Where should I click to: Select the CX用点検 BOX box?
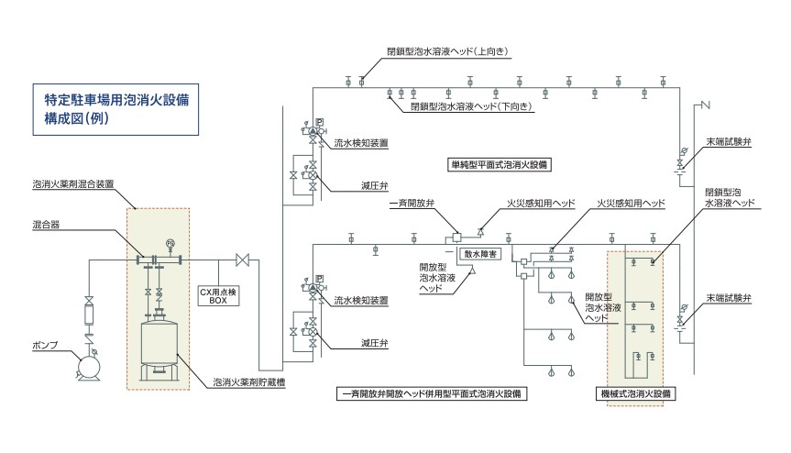click(x=218, y=294)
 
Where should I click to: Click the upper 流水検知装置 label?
click(x=361, y=144)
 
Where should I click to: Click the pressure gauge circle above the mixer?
click(x=171, y=242)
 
